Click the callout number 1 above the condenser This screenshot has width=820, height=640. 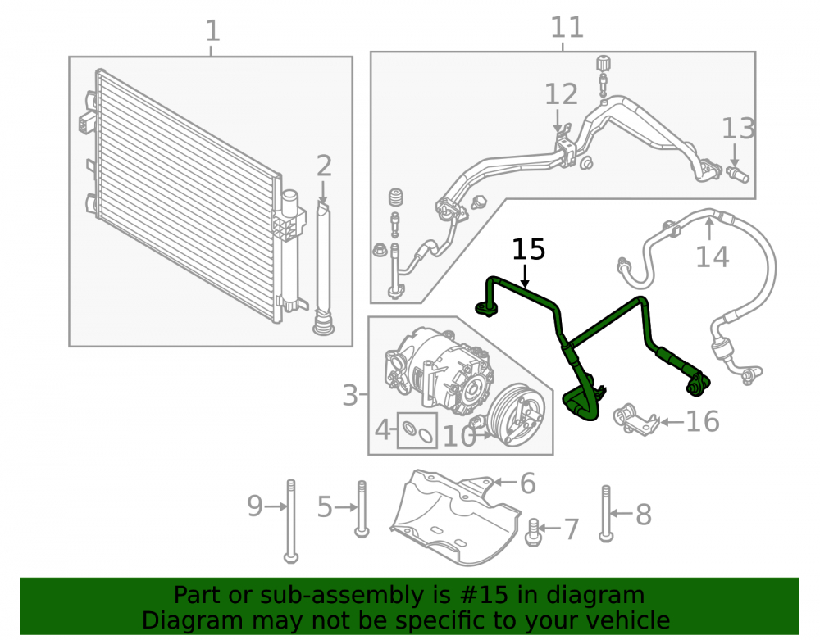click(212, 31)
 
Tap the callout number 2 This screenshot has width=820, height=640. click(324, 166)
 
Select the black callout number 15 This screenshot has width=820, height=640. click(528, 249)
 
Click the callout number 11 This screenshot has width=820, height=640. click(567, 27)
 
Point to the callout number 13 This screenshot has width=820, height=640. click(739, 128)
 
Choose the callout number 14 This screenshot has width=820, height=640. click(713, 256)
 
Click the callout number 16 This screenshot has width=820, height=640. click(703, 421)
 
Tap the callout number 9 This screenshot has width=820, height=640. click(255, 506)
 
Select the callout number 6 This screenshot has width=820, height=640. click(527, 483)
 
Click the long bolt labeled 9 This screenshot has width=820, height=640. click(291, 521)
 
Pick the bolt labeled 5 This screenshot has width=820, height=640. click(362, 509)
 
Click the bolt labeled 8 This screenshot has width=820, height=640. click(606, 514)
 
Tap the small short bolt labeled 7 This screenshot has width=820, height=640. click(533, 532)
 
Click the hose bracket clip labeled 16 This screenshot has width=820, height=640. click(635, 419)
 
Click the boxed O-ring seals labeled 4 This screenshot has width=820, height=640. click(417, 431)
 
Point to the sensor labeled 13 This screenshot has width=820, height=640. click(738, 174)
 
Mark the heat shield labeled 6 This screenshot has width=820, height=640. click(456, 517)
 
